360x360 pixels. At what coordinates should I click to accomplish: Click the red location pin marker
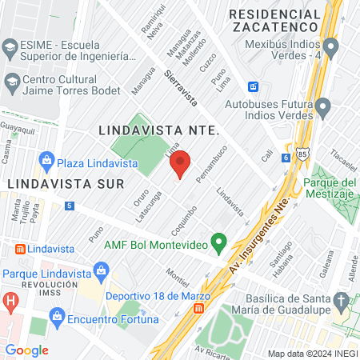tap(180, 163)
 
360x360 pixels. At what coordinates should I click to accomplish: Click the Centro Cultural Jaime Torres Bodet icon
tap(12, 82)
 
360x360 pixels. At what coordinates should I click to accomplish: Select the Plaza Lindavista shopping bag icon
tap(46, 160)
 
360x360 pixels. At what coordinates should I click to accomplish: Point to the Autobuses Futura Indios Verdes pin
tap(322, 106)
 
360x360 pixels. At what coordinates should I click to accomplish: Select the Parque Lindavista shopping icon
tap(100, 274)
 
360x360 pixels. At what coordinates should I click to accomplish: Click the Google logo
tap(26, 350)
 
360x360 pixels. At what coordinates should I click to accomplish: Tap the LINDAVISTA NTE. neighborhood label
tap(158, 128)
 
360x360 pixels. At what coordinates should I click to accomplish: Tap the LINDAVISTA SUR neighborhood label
tap(62, 183)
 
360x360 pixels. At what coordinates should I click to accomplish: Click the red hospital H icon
tap(10, 302)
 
